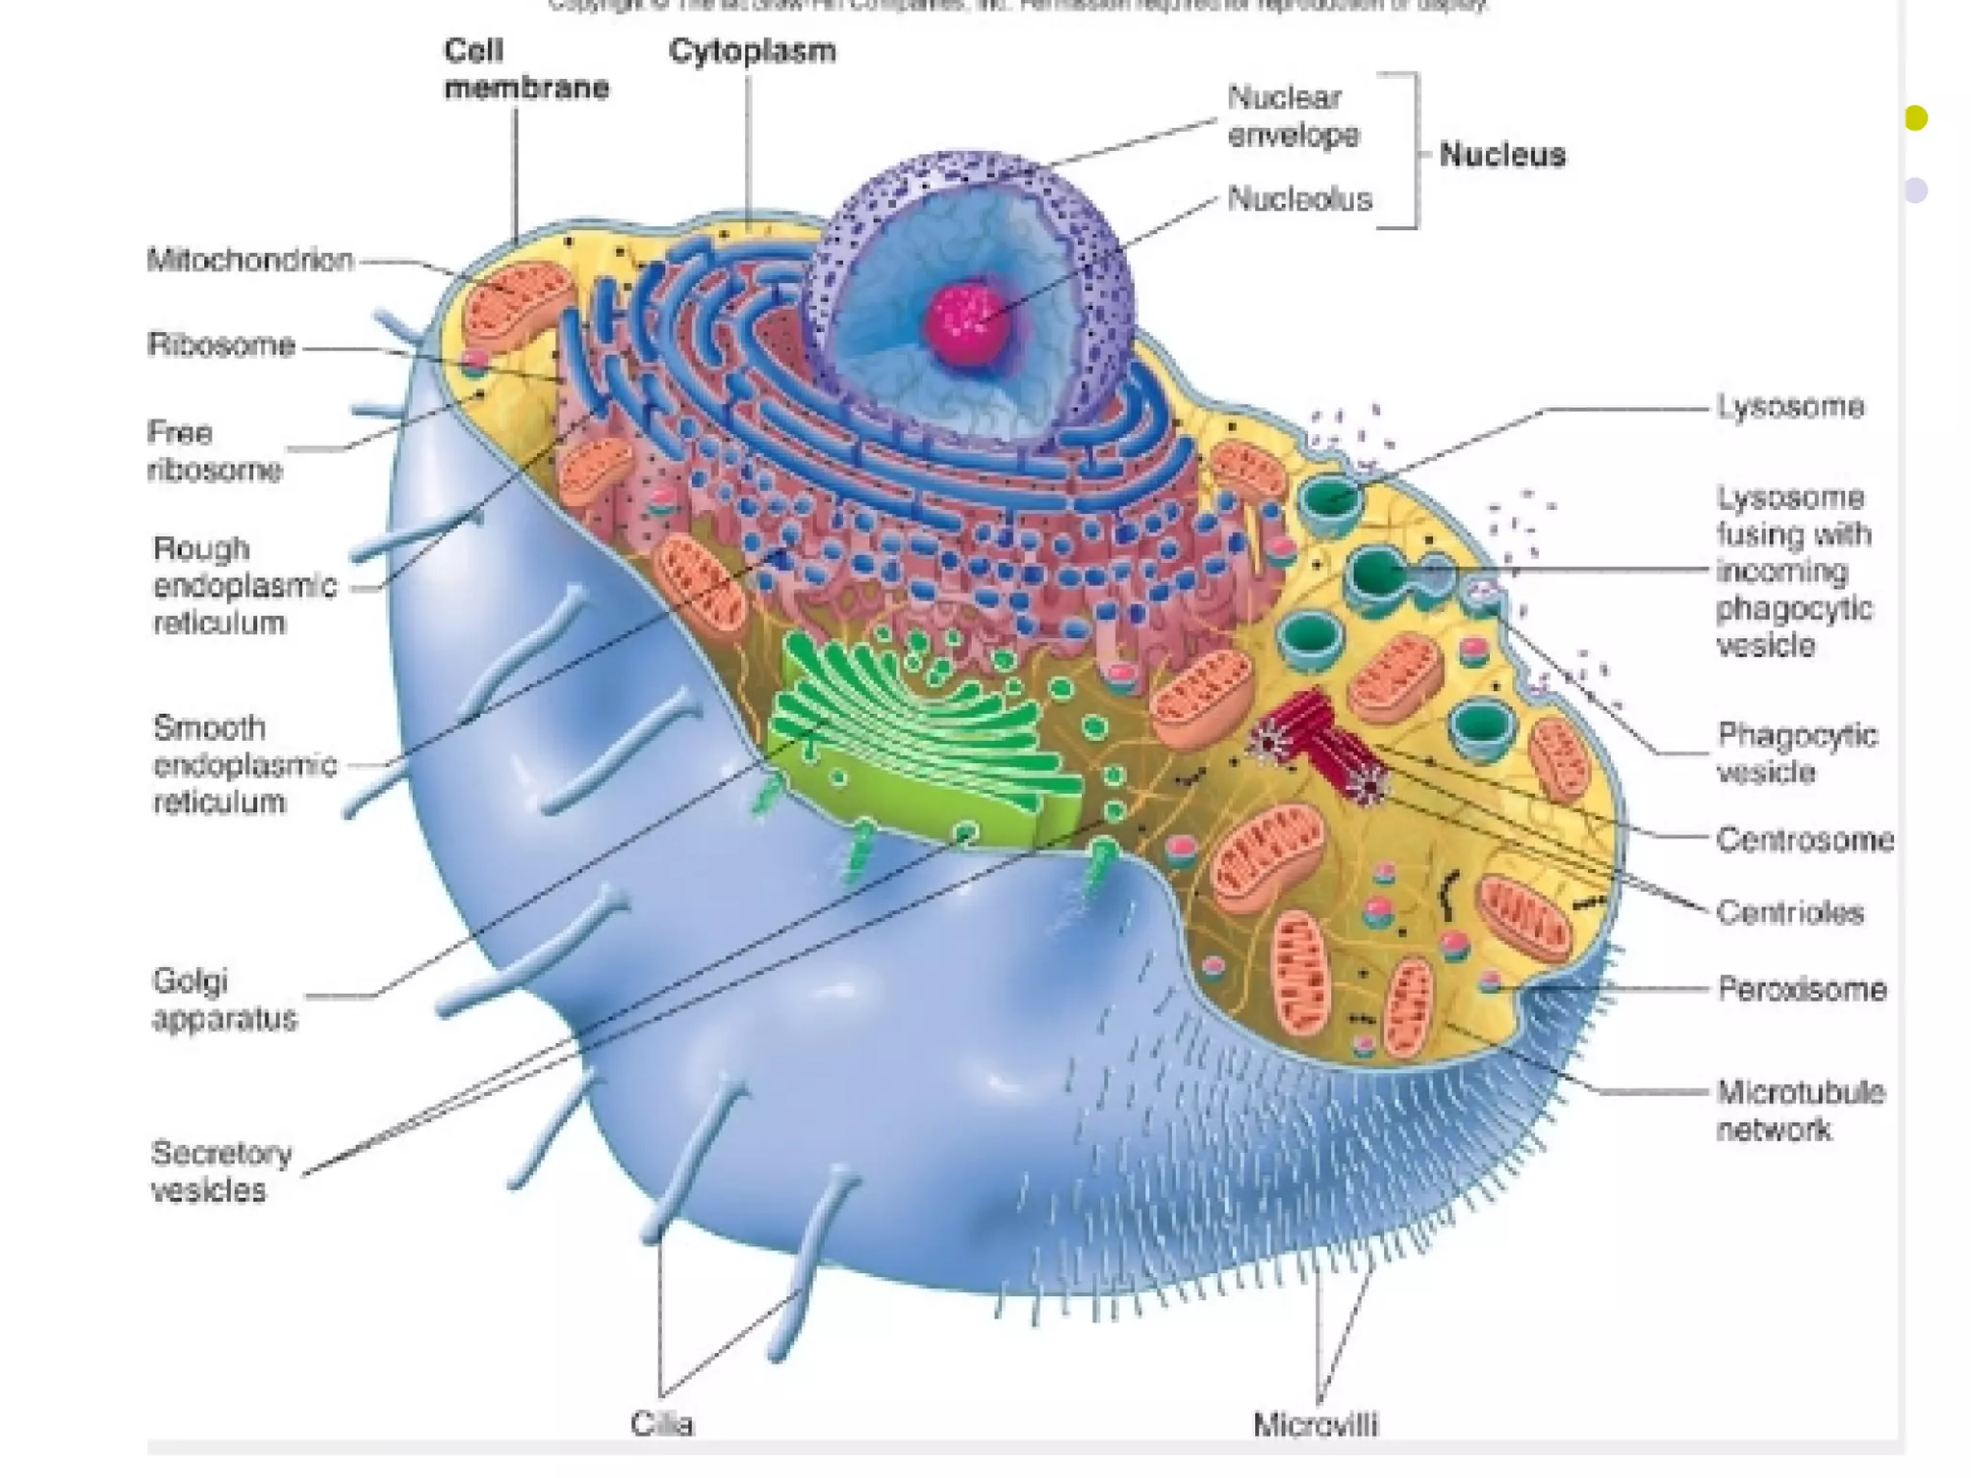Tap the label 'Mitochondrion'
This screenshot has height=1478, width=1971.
click(250, 260)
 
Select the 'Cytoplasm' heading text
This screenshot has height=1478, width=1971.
click(752, 51)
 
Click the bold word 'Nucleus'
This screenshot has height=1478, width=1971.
click(1501, 155)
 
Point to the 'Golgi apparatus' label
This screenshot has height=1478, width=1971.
click(224, 1000)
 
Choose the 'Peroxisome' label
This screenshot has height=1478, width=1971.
click(1802, 989)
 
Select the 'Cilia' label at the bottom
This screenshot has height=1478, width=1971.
click(662, 1423)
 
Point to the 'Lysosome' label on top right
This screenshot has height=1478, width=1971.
click(1790, 407)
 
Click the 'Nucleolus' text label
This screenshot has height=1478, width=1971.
click(1299, 199)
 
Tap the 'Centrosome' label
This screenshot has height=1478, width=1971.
click(1805, 840)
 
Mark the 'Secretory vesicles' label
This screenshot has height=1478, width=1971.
click(221, 1171)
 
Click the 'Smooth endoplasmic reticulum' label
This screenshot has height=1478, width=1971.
click(244, 765)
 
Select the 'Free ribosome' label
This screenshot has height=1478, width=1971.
click(214, 451)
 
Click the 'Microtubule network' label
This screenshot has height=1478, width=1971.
click(1800, 1110)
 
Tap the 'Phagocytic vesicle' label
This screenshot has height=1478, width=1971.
click(1796, 753)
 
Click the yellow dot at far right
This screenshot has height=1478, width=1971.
click(1915, 117)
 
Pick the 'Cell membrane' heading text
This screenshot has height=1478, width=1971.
click(525, 69)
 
